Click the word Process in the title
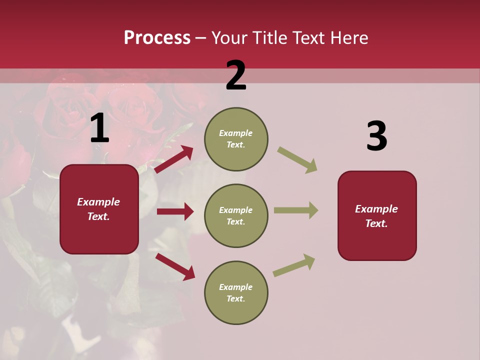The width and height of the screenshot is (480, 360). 157,38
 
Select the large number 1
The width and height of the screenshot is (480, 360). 99,128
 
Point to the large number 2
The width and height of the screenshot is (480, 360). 236,76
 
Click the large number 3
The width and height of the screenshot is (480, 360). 376,136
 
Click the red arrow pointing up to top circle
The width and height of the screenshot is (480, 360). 174,159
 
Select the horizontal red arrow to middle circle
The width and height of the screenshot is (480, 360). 175,211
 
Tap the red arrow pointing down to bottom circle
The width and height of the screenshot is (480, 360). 175,266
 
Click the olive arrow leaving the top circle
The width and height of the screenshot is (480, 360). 297,160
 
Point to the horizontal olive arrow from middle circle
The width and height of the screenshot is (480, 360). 295,210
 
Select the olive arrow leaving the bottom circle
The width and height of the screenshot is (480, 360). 294,265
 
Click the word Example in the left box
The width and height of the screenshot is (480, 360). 98,202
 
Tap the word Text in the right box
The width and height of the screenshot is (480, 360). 376,223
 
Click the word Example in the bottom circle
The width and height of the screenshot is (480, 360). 235,287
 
